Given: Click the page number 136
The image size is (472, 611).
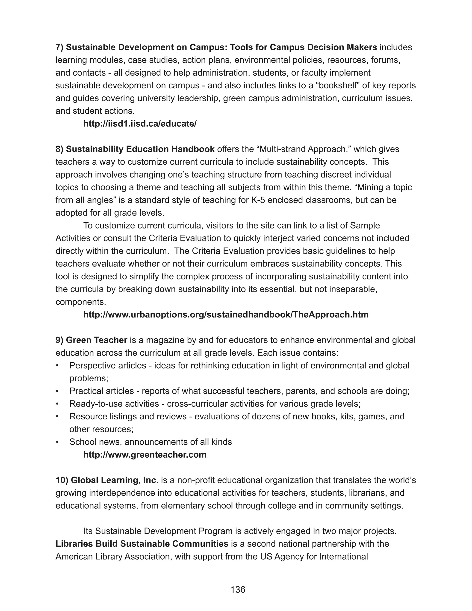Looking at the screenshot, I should pyautogui.click(x=238, y=590).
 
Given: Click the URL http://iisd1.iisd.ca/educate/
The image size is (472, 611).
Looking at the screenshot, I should pyautogui.click(x=140, y=124).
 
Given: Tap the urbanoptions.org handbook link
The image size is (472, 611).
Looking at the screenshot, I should pyautogui.click(x=226, y=314).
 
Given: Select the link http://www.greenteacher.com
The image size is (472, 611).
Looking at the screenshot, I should pyautogui.click(x=145, y=455).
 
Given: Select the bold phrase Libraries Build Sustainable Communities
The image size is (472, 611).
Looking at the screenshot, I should pyautogui.click(x=142, y=544).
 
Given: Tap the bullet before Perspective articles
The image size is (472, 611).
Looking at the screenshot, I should pyautogui.click(x=57, y=366).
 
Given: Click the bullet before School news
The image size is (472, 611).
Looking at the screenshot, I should pyautogui.click(x=57, y=442).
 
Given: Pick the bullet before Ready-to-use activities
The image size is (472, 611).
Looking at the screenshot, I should pyautogui.click(x=57, y=404).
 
